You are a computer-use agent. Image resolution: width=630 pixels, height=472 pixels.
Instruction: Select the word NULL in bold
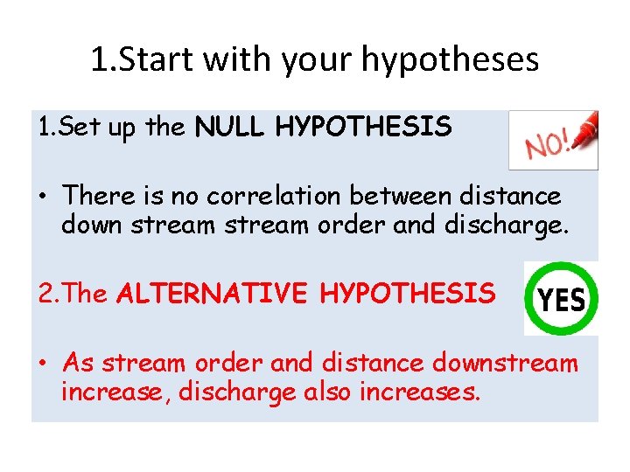(231, 128)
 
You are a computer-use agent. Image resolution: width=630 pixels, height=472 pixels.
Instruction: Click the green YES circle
(561, 299)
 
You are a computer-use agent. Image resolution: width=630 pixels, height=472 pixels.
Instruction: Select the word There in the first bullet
(98, 195)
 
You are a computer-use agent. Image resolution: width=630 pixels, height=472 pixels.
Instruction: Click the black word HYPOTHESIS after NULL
(363, 128)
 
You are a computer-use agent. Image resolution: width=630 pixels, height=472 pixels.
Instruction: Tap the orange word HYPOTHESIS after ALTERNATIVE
(407, 294)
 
